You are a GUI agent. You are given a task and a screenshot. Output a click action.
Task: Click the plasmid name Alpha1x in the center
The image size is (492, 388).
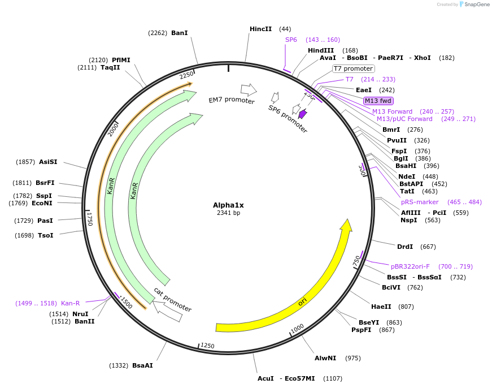(228, 205)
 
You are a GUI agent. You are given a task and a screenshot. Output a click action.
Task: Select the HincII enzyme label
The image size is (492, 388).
(260, 29)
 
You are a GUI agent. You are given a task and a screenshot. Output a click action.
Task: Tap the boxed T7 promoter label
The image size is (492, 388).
(353, 68)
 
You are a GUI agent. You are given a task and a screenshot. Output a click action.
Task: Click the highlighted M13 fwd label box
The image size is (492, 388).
(378, 101)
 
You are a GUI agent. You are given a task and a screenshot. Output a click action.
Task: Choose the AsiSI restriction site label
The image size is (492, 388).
(48, 162)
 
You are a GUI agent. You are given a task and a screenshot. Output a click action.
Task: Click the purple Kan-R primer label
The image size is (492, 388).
(71, 303)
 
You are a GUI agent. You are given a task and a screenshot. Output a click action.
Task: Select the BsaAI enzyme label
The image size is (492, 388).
(142, 365)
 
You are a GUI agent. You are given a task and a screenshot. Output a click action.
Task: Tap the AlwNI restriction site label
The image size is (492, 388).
(325, 358)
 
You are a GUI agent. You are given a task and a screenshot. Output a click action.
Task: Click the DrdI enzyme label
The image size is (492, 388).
(405, 247)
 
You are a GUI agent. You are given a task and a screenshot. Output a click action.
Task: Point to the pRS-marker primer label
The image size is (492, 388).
(420, 202)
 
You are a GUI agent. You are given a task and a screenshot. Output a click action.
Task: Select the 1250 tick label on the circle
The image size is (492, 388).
(207, 346)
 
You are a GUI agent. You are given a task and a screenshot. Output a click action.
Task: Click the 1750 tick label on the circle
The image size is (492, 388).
(89, 219)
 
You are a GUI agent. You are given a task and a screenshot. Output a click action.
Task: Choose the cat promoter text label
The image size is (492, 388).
(172, 300)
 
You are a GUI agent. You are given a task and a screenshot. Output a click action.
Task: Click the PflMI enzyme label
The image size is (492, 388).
(121, 60)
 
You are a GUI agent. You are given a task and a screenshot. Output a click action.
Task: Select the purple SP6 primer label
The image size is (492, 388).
(291, 40)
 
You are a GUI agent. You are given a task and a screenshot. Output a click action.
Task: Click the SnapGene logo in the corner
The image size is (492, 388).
(474, 5)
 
